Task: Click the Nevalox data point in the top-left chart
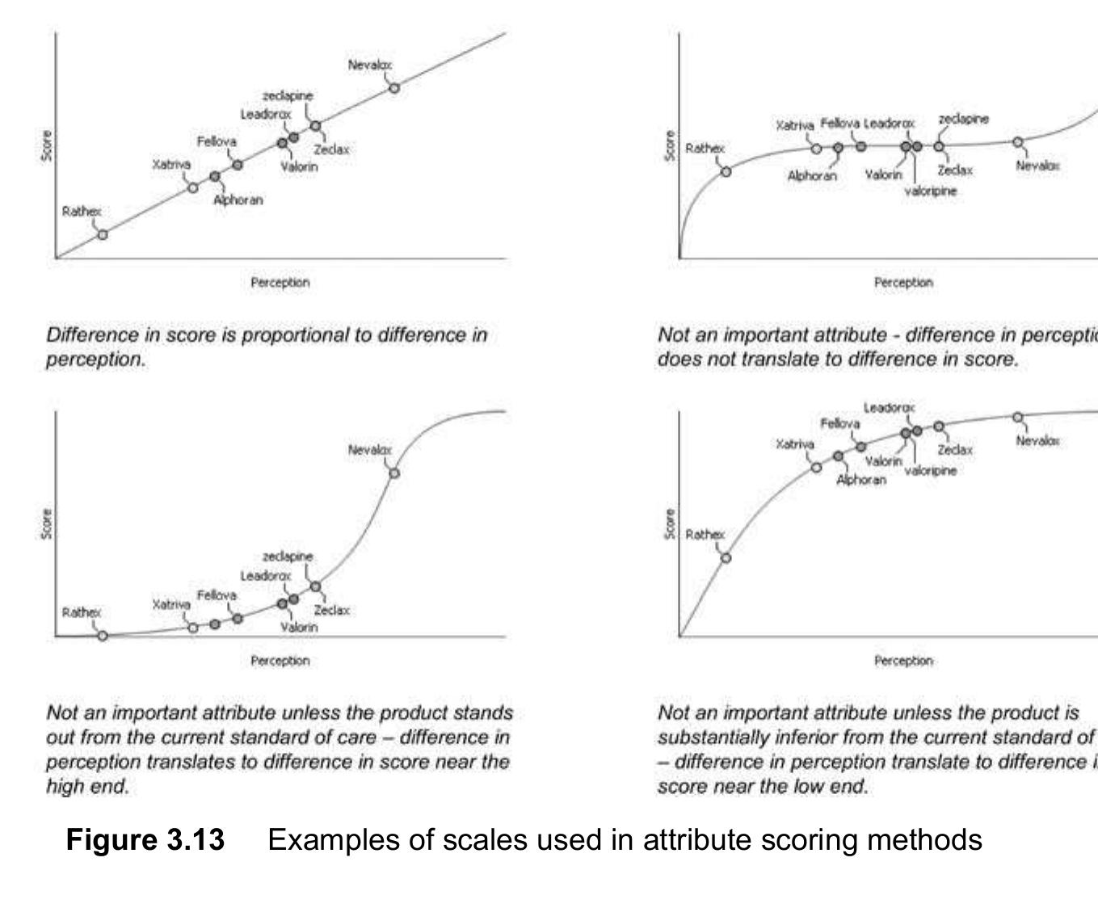pyautogui.click(x=394, y=88)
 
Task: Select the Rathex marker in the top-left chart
pyautogui.click(x=103, y=235)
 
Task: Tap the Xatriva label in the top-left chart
pyautogui.click(x=171, y=165)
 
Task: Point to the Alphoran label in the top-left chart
pyautogui.click(x=238, y=200)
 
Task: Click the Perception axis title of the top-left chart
pyautogui.click(x=280, y=283)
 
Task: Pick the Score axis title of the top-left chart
pyautogui.click(x=47, y=145)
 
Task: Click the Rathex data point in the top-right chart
pyautogui.click(x=726, y=171)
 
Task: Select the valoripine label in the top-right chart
pyautogui.click(x=930, y=191)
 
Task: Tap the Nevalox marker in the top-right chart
pyautogui.click(x=1018, y=142)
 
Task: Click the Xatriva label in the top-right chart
pyautogui.click(x=795, y=126)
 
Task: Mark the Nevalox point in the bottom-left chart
pyautogui.click(x=394, y=473)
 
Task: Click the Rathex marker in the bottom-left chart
pyautogui.click(x=103, y=636)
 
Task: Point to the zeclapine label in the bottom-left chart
pyautogui.click(x=288, y=557)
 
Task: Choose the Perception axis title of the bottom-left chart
pyautogui.click(x=280, y=661)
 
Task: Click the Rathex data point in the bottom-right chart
pyautogui.click(x=726, y=557)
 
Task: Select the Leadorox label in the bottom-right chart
pyautogui.click(x=889, y=409)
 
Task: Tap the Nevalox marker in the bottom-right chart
pyautogui.click(x=1018, y=417)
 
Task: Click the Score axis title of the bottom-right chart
pyautogui.click(x=670, y=523)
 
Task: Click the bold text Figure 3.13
pyautogui.click(x=145, y=840)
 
